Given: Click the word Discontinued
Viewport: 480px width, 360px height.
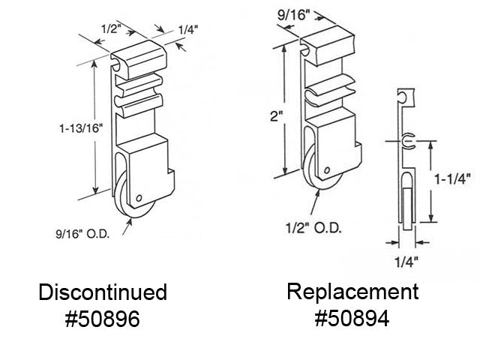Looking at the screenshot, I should click(103, 292).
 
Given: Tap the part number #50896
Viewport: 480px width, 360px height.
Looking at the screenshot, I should click(103, 320).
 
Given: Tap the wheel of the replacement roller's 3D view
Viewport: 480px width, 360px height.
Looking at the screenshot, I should click(310, 165).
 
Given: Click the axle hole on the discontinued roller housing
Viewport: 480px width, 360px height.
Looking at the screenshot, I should click(141, 198).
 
